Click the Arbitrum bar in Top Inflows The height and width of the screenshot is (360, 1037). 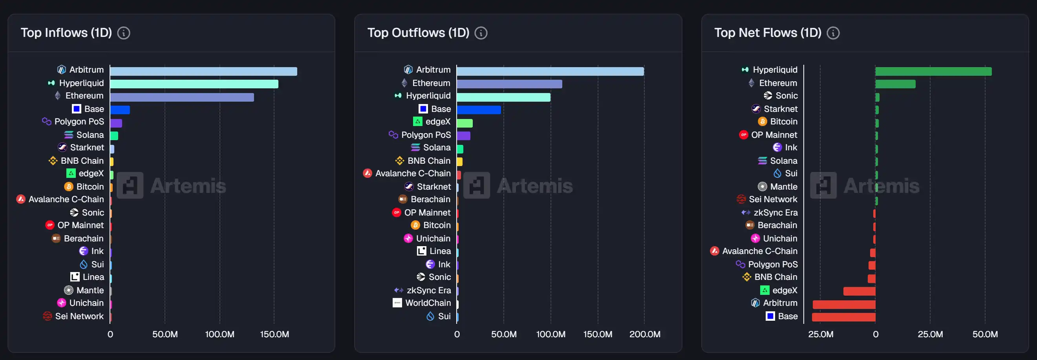(x=203, y=71)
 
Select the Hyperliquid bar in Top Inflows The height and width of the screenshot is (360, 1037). (x=194, y=84)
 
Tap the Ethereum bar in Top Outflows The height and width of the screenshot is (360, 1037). (x=509, y=84)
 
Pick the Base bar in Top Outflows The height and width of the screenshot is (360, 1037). (x=479, y=110)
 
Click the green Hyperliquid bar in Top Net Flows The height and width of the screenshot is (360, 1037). (x=933, y=71)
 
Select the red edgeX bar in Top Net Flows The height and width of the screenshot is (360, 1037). (x=859, y=291)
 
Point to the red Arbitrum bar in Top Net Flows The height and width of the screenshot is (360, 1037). (x=844, y=304)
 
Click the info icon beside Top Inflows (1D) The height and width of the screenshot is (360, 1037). (x=124, y=33)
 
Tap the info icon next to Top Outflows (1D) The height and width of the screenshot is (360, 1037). (x=481, y=33)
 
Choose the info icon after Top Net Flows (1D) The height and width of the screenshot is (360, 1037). (x=833, y=33)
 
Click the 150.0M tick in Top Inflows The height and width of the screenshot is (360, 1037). (x=274, y=334)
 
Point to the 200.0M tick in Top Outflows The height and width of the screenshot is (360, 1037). (x=644, y=334)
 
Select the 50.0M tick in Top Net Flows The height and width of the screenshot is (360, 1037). (x=985, y=334)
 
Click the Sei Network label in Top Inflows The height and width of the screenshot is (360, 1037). (x=79, y=316)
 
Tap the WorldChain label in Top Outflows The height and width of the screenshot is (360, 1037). (x=428, y=303)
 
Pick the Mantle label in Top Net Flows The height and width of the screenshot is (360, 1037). (x=783, y=186)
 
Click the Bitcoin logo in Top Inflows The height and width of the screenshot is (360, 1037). (x=69, y=186)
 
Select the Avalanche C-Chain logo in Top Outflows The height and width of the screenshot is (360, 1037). (x=368, y=173)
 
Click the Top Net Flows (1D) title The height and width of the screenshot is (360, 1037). (x=767, y=33)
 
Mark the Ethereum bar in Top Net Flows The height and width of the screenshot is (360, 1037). (x=895, y=84)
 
